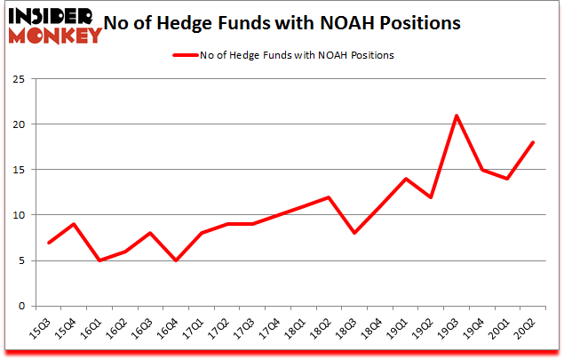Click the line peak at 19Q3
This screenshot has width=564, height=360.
click(456, 116)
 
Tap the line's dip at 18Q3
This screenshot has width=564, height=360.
click(354, 233)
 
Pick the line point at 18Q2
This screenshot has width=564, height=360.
click(330, 197)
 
